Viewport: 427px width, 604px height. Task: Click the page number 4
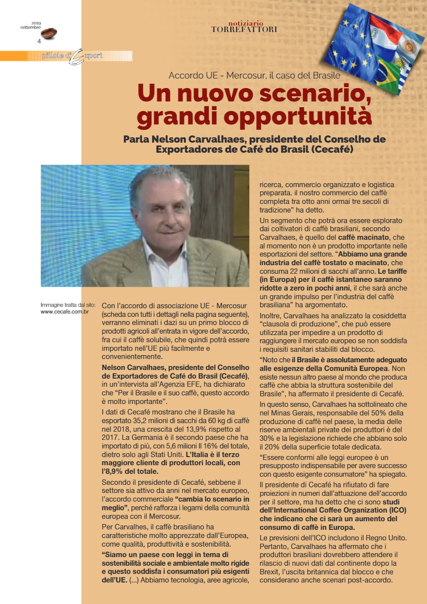[x=39, y=41]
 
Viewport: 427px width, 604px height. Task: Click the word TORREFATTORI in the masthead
[x=244, y=30]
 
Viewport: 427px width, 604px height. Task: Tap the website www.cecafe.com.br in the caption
[x=65, y=312]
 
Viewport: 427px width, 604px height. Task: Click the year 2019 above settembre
[x=36, y=23]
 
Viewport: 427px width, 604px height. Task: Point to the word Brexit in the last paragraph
[x=270, y=572]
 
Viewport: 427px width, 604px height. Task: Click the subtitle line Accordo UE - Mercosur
[x=254, y=75]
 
